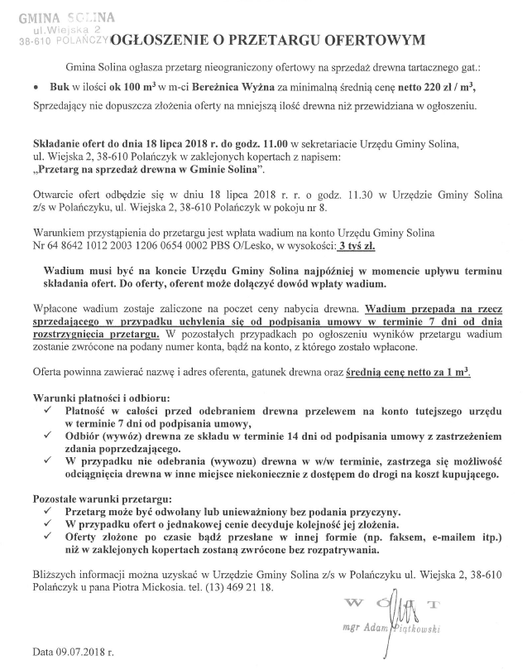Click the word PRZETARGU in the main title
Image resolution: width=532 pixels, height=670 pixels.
point(276,38)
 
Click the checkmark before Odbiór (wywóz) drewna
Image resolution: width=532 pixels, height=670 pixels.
point(48,436)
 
